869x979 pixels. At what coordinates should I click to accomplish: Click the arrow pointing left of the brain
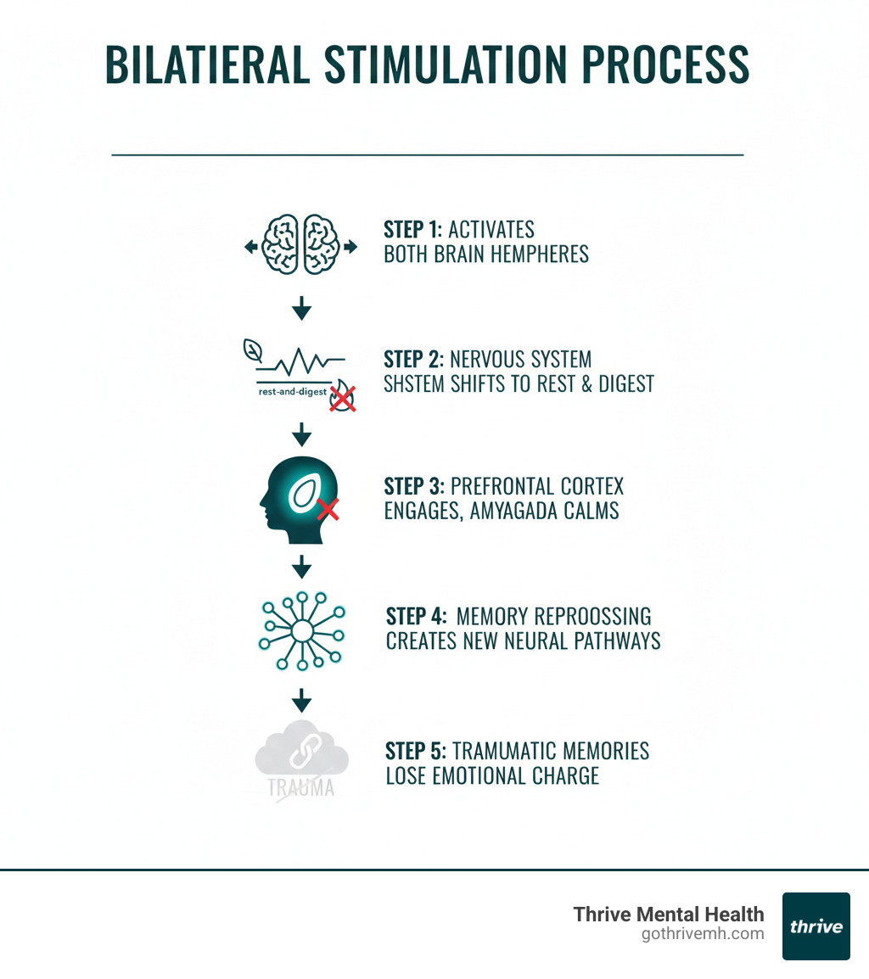(250, 247)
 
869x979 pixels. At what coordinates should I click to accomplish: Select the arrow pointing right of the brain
(351, 247)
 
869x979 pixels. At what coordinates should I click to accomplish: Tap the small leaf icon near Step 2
(252, 349)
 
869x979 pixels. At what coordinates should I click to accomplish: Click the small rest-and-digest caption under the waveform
(289, 392)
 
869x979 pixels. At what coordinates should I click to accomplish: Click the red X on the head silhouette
(328, 509)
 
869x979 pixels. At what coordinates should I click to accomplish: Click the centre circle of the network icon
(301, 632)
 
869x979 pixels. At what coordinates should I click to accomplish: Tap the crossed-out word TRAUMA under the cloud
(300, 786)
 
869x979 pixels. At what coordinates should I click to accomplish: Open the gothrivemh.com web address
(703, 934)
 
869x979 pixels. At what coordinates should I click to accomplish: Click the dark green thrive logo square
(816, 926)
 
